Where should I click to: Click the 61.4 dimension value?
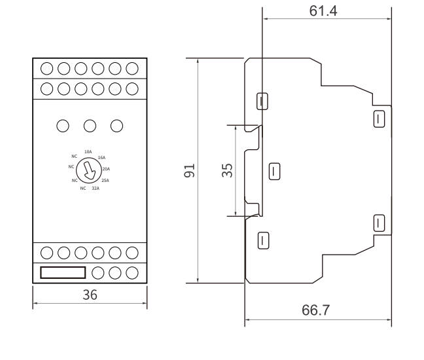323,11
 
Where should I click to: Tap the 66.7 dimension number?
315,310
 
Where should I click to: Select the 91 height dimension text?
189,170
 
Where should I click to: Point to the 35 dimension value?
227,170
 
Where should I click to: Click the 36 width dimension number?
90,295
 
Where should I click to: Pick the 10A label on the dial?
88,152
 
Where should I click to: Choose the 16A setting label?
101,157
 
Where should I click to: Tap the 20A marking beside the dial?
106,169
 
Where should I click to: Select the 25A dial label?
105,181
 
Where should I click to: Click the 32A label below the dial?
96,189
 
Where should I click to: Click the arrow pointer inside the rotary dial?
88,171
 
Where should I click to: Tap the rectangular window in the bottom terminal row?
63,273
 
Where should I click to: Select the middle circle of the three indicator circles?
90,126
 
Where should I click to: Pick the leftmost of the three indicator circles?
63,126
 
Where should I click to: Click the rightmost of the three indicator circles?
117,126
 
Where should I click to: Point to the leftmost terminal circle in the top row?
46,69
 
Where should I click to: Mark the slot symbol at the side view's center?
274,171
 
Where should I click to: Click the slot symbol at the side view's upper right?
379,118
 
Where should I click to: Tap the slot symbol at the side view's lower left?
264,240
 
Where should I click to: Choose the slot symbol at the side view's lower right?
379,223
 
